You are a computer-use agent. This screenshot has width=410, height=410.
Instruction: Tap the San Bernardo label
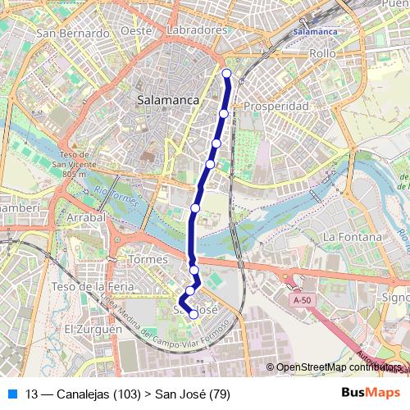[74, 34]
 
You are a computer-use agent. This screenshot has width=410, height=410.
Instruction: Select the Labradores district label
[197, 30]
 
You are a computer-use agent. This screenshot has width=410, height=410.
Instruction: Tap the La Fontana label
[353, 237]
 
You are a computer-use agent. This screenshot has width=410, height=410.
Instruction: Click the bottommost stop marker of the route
[194, 314]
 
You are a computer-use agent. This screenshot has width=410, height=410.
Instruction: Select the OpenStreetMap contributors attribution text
[336, 367]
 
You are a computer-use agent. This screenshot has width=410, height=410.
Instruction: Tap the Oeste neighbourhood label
[136, 30]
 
